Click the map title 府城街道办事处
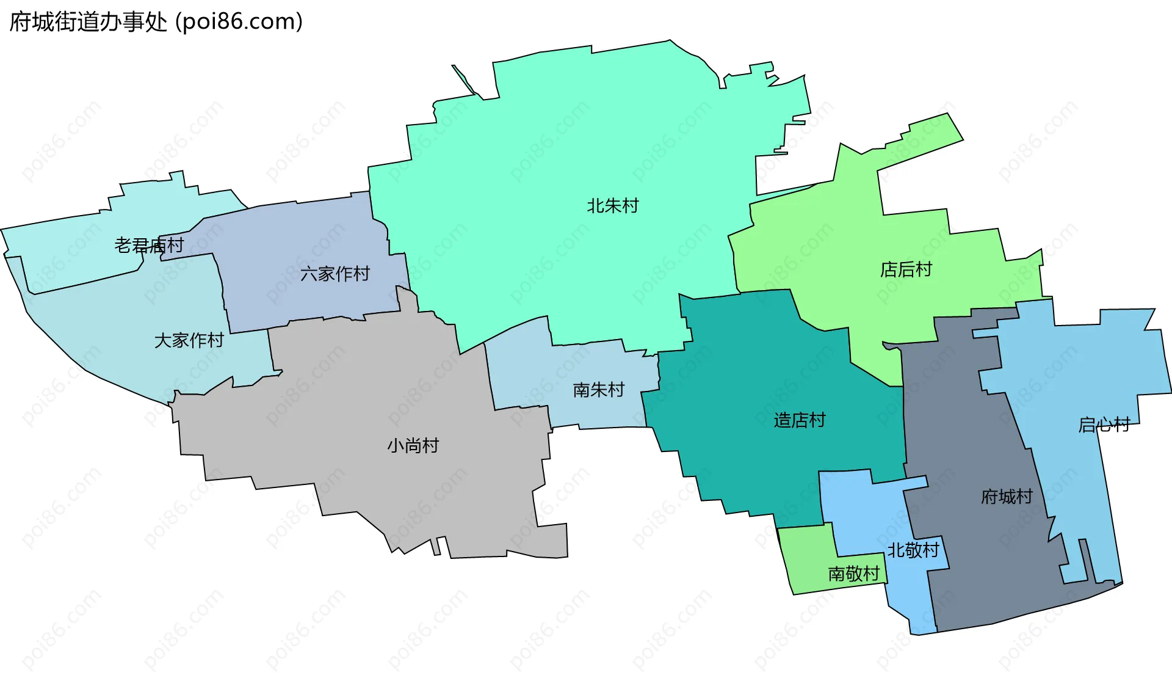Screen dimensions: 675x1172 point(89,22)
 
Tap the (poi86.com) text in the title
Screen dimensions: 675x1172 point(239,22)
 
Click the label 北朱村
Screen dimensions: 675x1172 point(612,206)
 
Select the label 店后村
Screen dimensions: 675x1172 point(906,269)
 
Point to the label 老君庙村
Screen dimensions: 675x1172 point(149,246)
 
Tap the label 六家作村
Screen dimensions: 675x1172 point(335,274)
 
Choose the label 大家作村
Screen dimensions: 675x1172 point(189,340)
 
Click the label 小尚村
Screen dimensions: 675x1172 point(413,446)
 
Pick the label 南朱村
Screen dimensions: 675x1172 point(599,390)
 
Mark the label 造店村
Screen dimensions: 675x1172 point(800,420)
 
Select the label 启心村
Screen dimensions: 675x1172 point(1104,425)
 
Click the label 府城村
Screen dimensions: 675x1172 point(1007,497)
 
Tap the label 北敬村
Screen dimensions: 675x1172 point(913,550)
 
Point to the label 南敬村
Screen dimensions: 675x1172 point(853,574)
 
